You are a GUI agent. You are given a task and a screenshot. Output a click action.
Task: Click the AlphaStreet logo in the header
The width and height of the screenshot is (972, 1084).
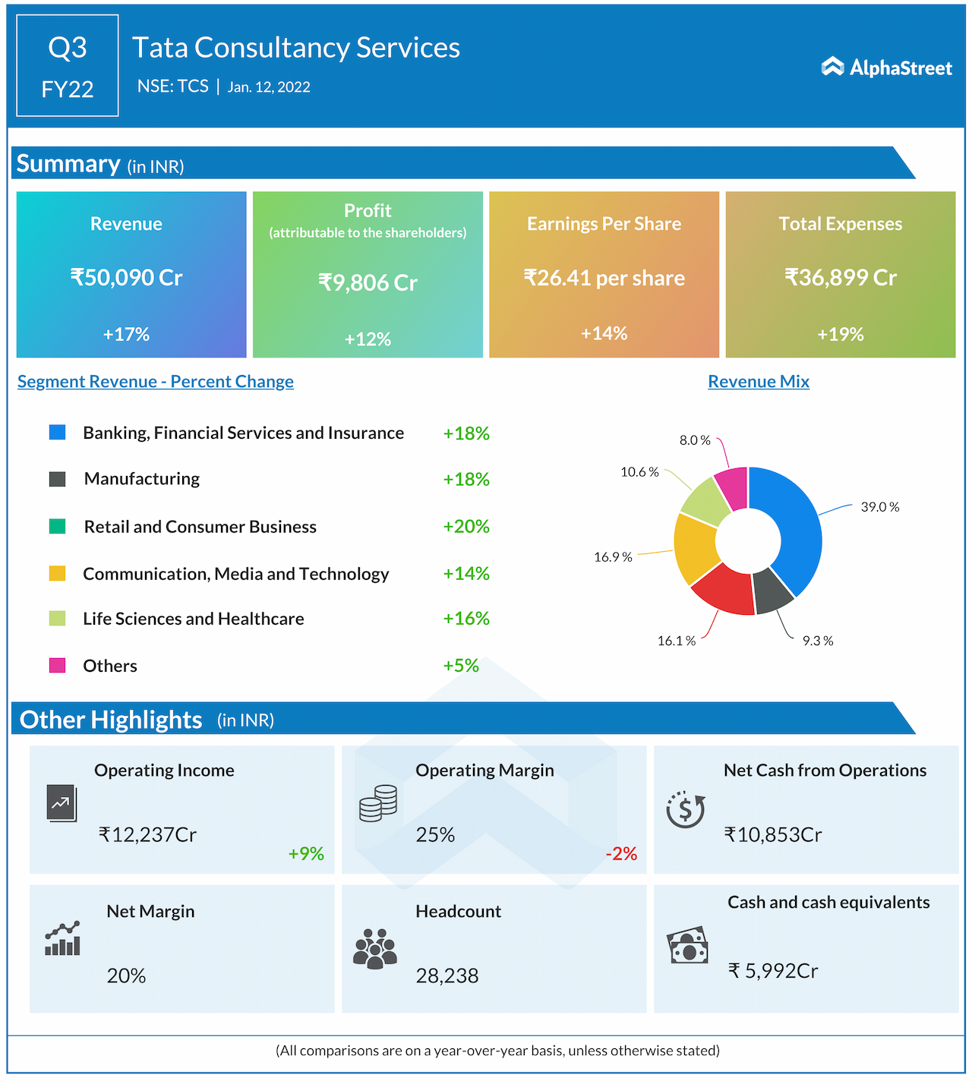886,68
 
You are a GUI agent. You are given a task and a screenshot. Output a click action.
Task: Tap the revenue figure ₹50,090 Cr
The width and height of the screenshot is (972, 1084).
126,277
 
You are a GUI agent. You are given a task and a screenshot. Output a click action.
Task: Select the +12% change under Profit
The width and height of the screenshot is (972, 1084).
368,339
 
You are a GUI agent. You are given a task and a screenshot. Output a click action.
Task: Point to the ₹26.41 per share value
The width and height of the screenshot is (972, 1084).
604,278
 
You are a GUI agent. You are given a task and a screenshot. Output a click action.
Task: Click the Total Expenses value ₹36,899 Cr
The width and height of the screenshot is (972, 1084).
840,277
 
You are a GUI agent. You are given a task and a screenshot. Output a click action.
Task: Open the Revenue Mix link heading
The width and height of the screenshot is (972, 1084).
758,381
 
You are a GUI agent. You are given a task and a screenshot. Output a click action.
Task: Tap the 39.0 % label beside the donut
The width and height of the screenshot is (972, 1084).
879,506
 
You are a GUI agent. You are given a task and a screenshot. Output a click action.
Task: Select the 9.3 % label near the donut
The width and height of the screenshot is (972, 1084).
817,641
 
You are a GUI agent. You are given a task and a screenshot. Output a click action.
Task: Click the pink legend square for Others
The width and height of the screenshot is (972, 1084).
57,666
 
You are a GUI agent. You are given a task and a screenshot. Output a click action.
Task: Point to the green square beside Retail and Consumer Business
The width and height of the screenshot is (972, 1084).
57,526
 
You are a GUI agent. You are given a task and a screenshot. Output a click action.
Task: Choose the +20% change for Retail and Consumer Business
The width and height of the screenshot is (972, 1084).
465,526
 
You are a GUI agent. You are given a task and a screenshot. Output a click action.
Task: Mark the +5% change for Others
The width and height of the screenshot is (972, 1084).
460,666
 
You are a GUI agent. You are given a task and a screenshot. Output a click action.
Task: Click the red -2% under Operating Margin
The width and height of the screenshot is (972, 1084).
620,853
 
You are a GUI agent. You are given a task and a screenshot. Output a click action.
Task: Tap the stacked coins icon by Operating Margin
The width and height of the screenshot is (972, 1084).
378,803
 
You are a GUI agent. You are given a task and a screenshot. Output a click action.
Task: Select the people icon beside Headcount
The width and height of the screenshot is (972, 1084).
375,949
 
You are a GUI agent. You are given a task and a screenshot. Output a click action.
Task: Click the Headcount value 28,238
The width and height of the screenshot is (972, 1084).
447,975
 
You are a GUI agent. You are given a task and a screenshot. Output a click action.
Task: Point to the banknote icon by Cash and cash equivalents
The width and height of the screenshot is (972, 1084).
687,946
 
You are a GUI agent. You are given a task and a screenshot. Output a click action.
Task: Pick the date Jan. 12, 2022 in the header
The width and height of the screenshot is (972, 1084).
269,87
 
